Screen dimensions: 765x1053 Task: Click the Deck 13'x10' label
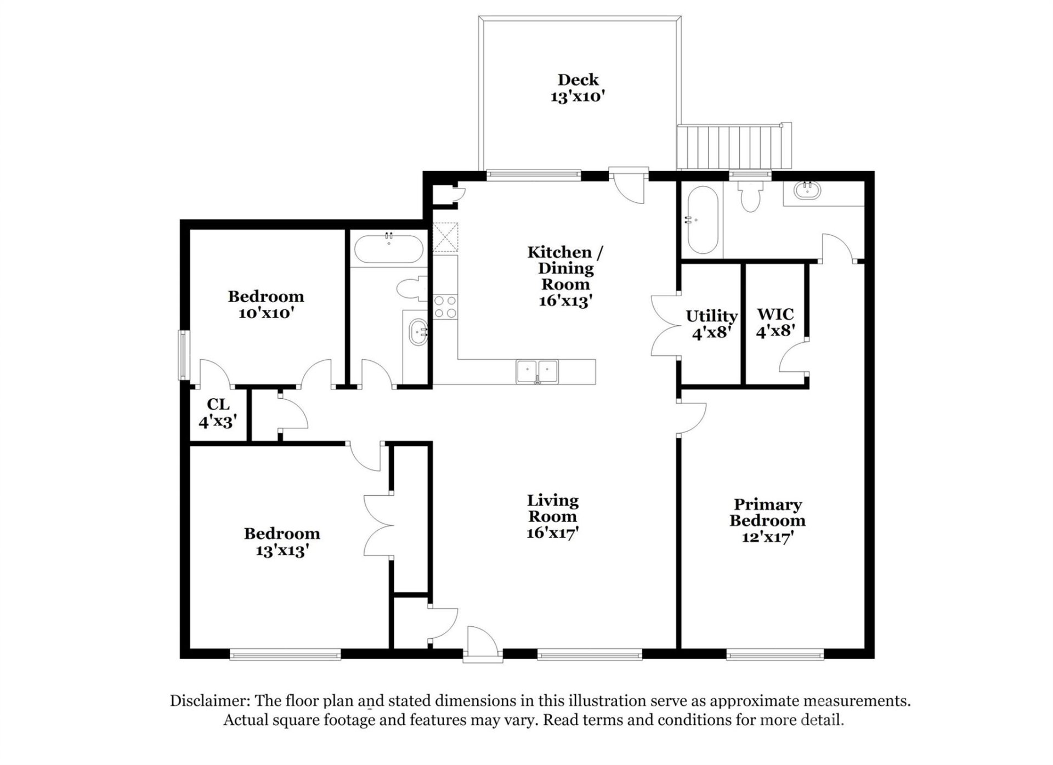point(578,88)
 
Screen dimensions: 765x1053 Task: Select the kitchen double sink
point(537,371)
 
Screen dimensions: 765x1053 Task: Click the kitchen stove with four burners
point(445,307)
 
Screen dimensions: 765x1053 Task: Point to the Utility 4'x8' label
point(711,324)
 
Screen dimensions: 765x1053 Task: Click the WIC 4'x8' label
point(775,322)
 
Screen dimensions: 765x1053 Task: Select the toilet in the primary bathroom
point(749,197)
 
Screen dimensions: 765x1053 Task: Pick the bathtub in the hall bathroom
point(388,250)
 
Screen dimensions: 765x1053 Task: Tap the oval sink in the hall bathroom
point(418,331)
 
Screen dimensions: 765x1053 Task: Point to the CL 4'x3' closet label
point(218,413)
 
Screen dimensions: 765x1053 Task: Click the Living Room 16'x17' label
point(552,517)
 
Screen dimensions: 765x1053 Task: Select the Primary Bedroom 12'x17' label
point(767,520)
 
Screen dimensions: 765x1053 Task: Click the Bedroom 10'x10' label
point(266,304)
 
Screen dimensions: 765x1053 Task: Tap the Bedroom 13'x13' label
point(281,541)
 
